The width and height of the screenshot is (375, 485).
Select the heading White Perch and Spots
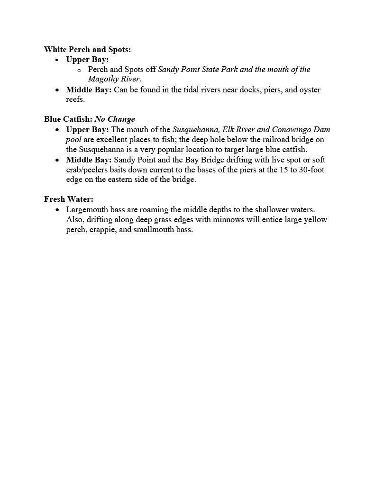[x=87, y=49]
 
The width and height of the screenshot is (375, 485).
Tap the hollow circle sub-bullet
[x=79, y=70]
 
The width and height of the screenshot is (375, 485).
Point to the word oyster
[x=310, y=90]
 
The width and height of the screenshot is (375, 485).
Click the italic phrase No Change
[x=115, y=119]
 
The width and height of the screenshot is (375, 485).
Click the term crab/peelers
[x=88, y=170]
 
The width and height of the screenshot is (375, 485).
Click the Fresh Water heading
[x=68, y=199]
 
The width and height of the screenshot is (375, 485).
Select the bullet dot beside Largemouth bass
[x=57, y=209]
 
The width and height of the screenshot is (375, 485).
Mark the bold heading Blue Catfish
[x=68, y=119]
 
